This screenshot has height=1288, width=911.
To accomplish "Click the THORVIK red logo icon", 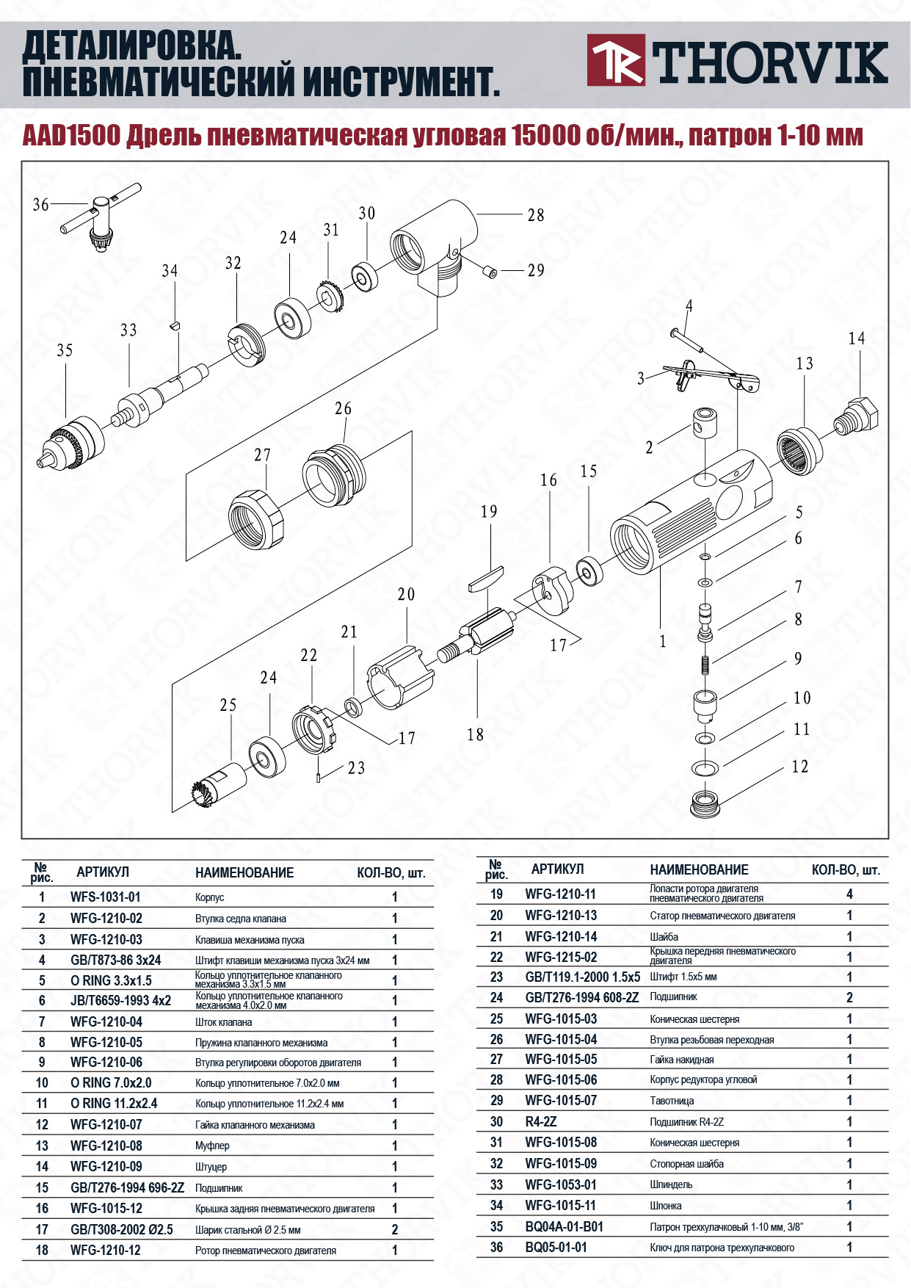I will point(616,60).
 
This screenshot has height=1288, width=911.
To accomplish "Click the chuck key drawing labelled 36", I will point(100,217).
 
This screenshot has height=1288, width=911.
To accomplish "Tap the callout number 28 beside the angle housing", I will point(536,215).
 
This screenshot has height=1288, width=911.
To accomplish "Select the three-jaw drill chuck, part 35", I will point(72,444).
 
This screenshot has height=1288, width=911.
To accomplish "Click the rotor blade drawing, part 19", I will point(485,578).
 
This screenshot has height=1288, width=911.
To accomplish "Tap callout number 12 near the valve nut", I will point(799,767).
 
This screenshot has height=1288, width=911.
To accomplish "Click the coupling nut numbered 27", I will point(255,519).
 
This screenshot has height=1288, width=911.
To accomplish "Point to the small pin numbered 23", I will point(319,776).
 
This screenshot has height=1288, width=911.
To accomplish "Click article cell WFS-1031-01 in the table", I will point(105,897).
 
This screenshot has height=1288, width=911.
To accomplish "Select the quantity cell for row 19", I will point(849,894).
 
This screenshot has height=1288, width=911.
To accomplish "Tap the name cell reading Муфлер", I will point(212,1146).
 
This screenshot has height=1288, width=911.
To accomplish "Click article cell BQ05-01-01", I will point(556,1247).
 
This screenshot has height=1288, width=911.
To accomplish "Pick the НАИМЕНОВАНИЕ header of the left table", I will point(244,872).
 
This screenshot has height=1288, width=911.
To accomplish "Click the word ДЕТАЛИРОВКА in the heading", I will point(132,48).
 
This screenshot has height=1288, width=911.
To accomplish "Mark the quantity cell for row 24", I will point(849,997).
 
